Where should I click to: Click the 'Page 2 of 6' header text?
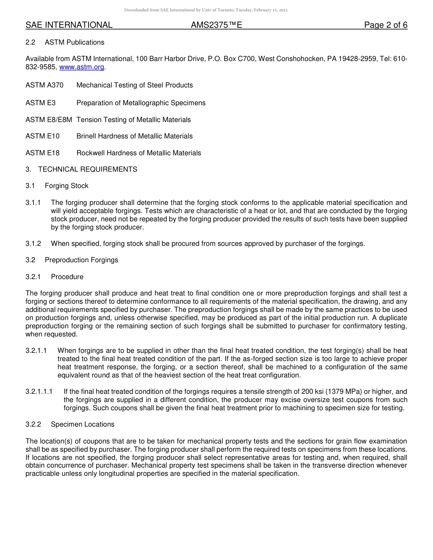(385, 25)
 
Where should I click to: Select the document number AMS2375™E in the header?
(216, 25)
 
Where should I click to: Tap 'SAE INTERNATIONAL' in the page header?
(69, 25)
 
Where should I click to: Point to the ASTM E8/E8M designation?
(49, 120)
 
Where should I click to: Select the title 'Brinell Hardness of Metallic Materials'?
(134, 136)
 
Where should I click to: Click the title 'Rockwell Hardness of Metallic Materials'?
(139, 153)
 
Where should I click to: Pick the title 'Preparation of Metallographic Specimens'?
(141, 103)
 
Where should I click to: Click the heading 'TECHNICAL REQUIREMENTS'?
(88, 169)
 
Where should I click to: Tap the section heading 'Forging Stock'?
(67, 186)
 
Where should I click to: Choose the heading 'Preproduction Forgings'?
(81, 260)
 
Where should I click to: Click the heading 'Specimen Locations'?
(82, 424)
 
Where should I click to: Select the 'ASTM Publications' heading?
(74, 42)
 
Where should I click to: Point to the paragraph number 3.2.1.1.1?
(39, 392)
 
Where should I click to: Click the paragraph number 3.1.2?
(33, 244)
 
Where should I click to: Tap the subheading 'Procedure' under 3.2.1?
(67, 277)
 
